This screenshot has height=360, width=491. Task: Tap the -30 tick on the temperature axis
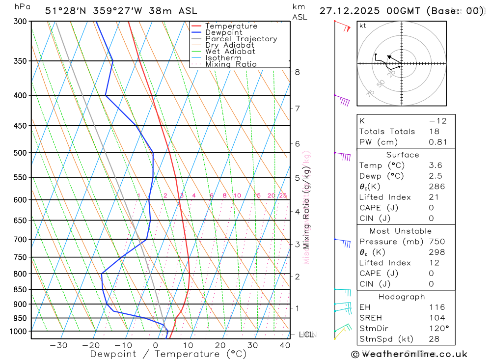pos(58,345)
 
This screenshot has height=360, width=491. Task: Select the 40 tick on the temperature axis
pos(285,345)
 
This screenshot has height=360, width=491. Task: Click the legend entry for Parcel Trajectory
pos(241,39)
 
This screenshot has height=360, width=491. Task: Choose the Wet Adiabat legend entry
pos(230,52)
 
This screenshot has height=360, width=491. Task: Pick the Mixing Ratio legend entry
pos(231,64)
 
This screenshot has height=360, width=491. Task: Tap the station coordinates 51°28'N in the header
pos(64,11)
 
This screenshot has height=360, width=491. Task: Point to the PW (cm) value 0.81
pos(438,142)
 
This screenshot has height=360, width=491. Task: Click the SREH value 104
pos(437,318)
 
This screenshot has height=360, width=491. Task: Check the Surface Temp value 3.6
pos(435,166)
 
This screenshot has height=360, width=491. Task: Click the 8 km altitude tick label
pos(297,72)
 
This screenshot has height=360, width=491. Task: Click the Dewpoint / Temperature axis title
pos(168,354)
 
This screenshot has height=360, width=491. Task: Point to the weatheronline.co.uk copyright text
pos(409,354)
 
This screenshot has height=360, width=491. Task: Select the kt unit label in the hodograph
pos(363,26)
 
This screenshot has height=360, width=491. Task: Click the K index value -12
pos(437,121)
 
